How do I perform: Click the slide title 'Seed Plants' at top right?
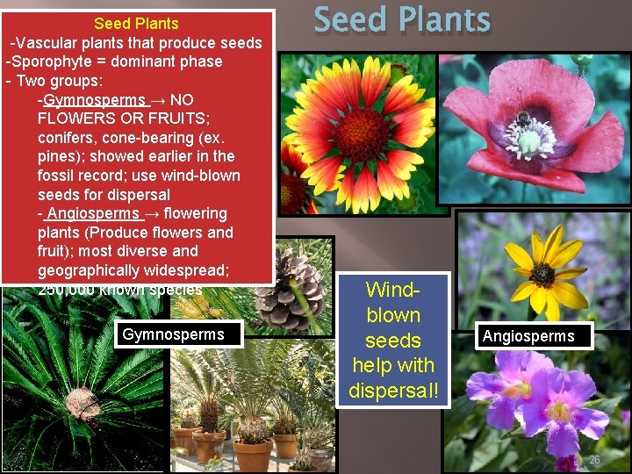coord(402,20)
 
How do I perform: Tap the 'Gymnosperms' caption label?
coord(173,334)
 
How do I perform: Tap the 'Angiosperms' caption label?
coord(528,336)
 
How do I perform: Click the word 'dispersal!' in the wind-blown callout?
coord(394,389)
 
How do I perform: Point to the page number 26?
coord(594,461)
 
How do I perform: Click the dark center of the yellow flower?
coord(542,274)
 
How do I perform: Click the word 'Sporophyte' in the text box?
coord(54,61)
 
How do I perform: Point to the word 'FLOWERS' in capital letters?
coord(73,118)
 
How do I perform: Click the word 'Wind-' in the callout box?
coord(393,290)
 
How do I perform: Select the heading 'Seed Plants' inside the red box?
coord(136,24)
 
